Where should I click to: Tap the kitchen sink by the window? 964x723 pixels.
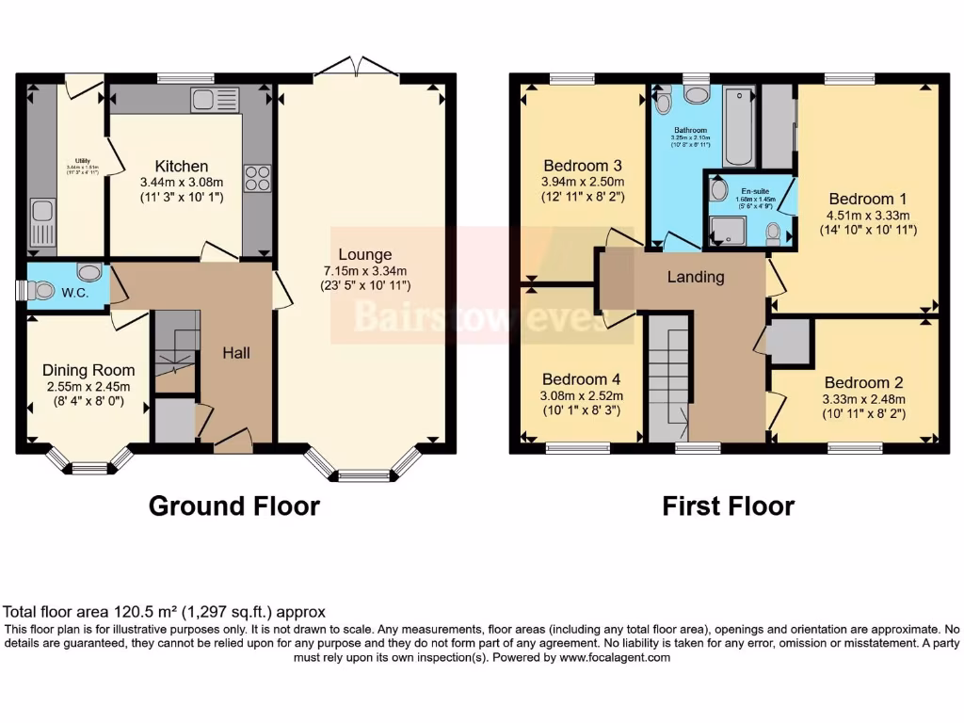pyautogui.click(x=204, y=99)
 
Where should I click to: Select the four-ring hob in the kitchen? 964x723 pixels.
pyautogui.click(x=257, y=178)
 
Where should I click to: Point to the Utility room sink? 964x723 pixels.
pyautogui.click(x=41, y=224)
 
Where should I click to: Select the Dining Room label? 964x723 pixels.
pyautogui.click(x=88, y=370)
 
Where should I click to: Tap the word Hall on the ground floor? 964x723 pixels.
pyautogui.click(x=235, y=353)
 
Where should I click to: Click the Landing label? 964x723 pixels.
pyautogui.click(x=696, y=277)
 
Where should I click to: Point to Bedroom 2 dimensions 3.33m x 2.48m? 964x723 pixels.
pyautogui.click(x=863, y=398)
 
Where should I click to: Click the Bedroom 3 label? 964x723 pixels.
pyautogui.click(x=581, y=166)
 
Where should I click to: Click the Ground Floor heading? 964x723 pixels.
pyautogui.click(x=234, y=506)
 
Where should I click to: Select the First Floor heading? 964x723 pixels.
pyautogui.click(x=728, y=506)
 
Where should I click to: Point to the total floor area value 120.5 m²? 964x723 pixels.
pyautogui.click(x=137, y=611)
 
